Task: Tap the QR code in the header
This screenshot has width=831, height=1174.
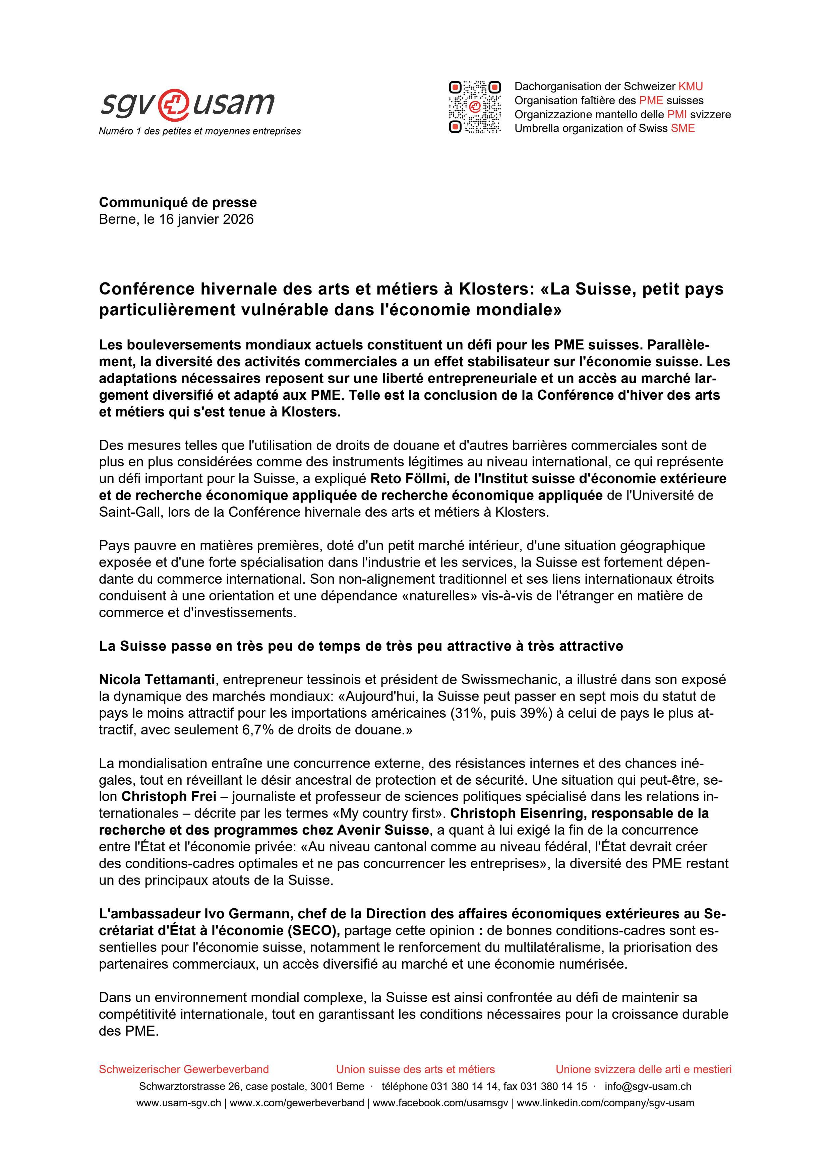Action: [x=474, y=107]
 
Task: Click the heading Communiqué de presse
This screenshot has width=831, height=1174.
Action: [x=178, y=202]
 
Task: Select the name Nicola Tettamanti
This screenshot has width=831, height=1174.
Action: [x=157, y=679]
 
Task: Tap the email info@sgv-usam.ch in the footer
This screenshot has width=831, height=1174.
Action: [x=648, y=1087]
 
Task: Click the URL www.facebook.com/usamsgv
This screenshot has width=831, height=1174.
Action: [x=440, y=1103]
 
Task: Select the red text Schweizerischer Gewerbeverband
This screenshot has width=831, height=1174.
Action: [x=184, y=1069]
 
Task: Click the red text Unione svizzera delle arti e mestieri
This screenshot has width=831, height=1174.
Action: [x=643, y=1069]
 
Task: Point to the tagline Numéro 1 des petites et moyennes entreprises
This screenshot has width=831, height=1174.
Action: [x=199, y=131]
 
